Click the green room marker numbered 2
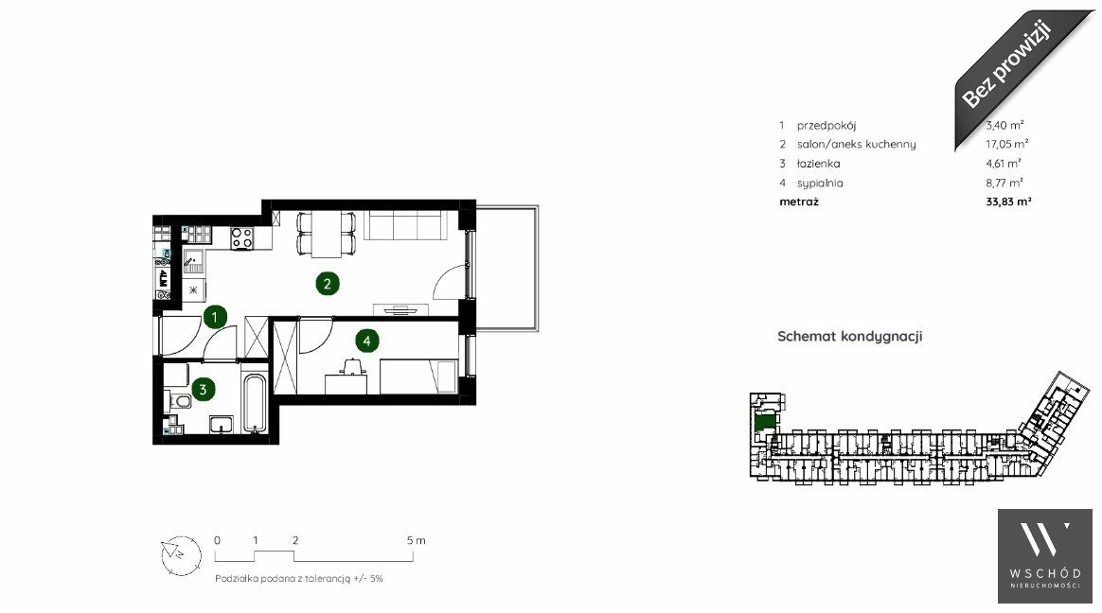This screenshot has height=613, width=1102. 327,284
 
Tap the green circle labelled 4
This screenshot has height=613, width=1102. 366,342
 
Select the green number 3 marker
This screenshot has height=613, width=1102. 204,389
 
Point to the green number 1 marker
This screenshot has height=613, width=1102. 214,317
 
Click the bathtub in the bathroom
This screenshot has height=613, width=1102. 254,404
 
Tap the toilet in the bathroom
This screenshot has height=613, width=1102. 179,402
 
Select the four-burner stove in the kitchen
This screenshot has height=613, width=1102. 242,238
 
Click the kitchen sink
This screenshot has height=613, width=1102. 193,262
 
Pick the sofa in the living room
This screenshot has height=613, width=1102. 406,226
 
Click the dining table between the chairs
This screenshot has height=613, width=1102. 327,234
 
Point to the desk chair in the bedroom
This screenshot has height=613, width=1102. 351,366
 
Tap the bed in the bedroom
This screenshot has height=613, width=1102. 418,377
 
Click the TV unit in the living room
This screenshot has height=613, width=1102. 400,309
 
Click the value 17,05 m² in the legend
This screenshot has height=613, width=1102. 1007,144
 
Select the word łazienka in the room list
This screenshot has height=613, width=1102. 818,164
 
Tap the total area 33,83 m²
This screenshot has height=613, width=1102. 1008,201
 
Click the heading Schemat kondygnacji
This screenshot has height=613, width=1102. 849,337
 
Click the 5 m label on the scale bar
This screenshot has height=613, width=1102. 416,541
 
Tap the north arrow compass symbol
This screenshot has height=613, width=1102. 181,555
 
